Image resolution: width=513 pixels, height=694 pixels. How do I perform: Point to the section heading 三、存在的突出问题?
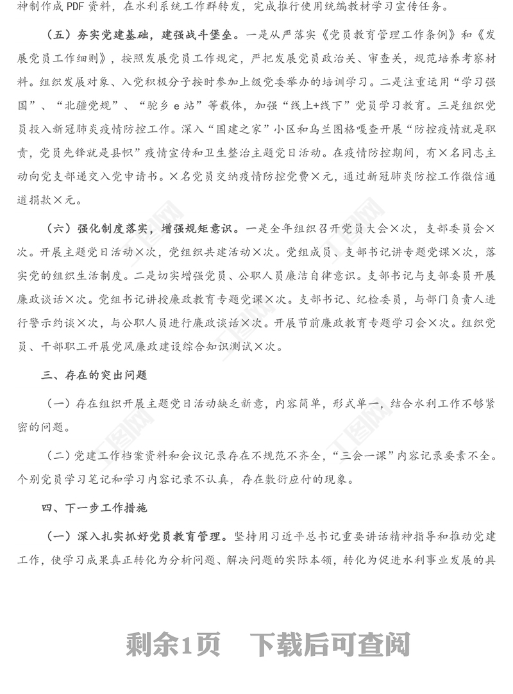94,375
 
